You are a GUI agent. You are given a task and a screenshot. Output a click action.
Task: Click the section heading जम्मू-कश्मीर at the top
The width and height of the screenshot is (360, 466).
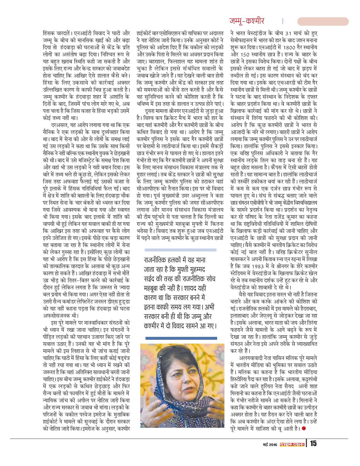pos(247,21)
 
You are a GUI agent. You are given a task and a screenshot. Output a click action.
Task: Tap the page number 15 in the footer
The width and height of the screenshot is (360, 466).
pos(313,443)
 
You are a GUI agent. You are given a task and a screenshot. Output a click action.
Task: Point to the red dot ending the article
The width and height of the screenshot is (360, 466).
pos(304,428)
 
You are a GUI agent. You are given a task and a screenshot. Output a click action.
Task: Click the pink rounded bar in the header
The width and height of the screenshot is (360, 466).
pos(323,21)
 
